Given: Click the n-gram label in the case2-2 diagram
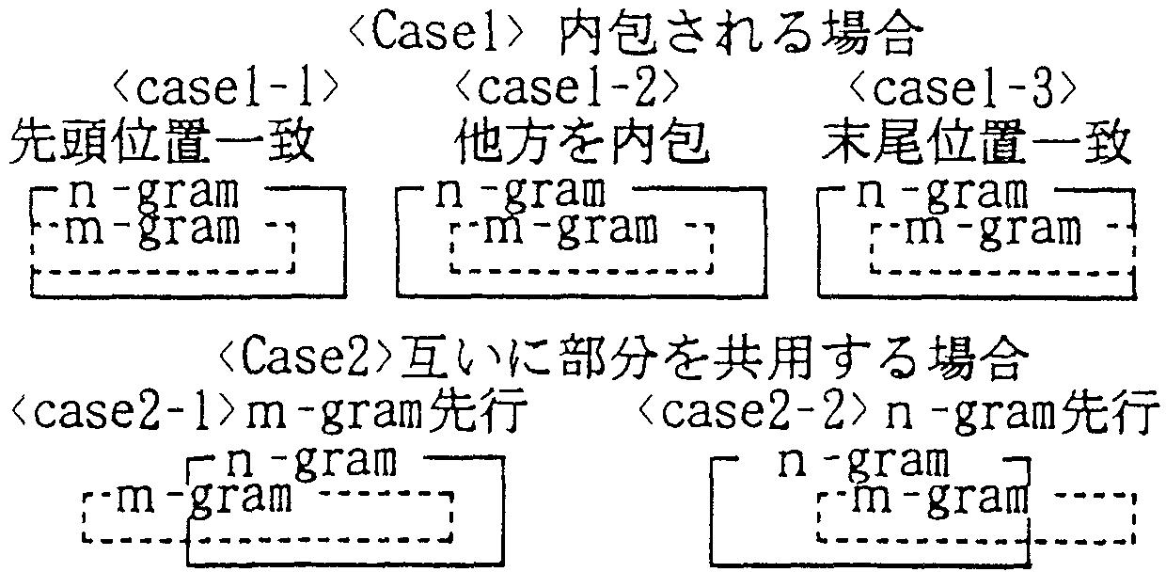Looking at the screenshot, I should (860, 461).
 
